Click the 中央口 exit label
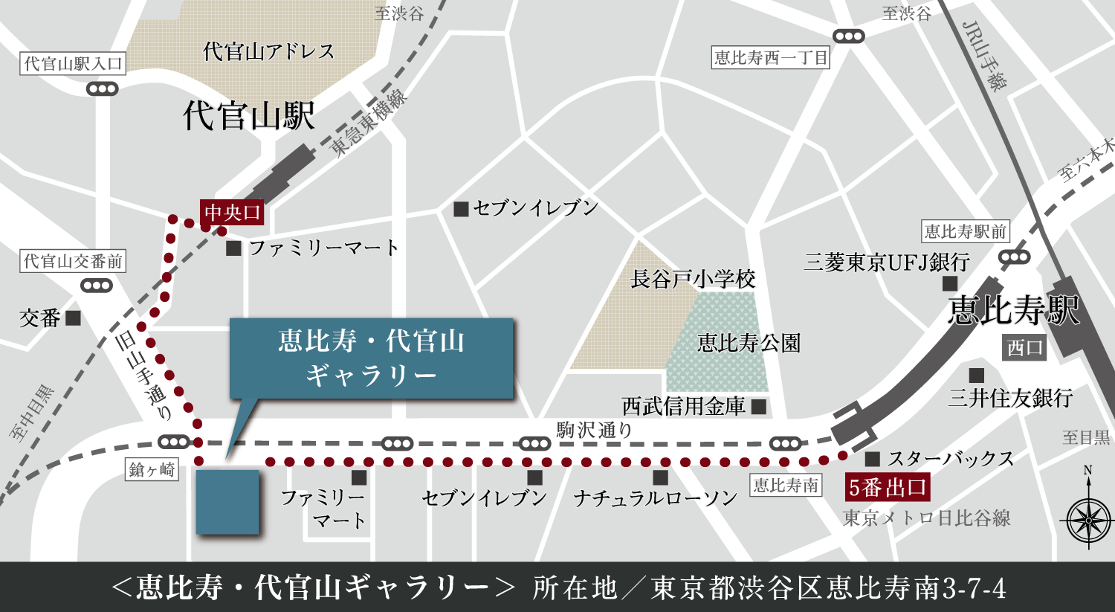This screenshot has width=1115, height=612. coord(233,213)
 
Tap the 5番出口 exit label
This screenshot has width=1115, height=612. coord(888,488)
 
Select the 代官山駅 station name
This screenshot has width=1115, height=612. coord(249,116)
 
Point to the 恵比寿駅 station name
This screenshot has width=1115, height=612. coord(1013,309)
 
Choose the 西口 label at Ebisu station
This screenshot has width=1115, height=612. coord(1025,347)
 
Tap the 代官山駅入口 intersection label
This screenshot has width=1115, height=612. coord(73,64)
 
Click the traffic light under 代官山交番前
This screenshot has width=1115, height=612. coord(96,286)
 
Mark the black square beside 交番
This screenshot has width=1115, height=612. coord(73,318)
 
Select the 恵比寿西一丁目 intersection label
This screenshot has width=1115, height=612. coord(771,58)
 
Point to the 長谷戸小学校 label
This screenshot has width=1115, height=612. coord(693,280)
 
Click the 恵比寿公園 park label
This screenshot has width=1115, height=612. coord(749,343)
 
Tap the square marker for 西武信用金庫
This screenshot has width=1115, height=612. coord(759,406)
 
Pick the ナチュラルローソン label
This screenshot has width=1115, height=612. coord(655,498)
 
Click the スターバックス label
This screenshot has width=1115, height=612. coord(951,459)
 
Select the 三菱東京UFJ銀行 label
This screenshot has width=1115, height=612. coord(887,262)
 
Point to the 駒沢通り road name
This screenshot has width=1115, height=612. coord(594,430)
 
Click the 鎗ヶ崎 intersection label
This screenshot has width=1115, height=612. coord(152,470)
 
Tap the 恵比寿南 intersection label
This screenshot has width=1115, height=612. coord(786,486)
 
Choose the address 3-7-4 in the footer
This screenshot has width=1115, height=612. coord(975,588)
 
